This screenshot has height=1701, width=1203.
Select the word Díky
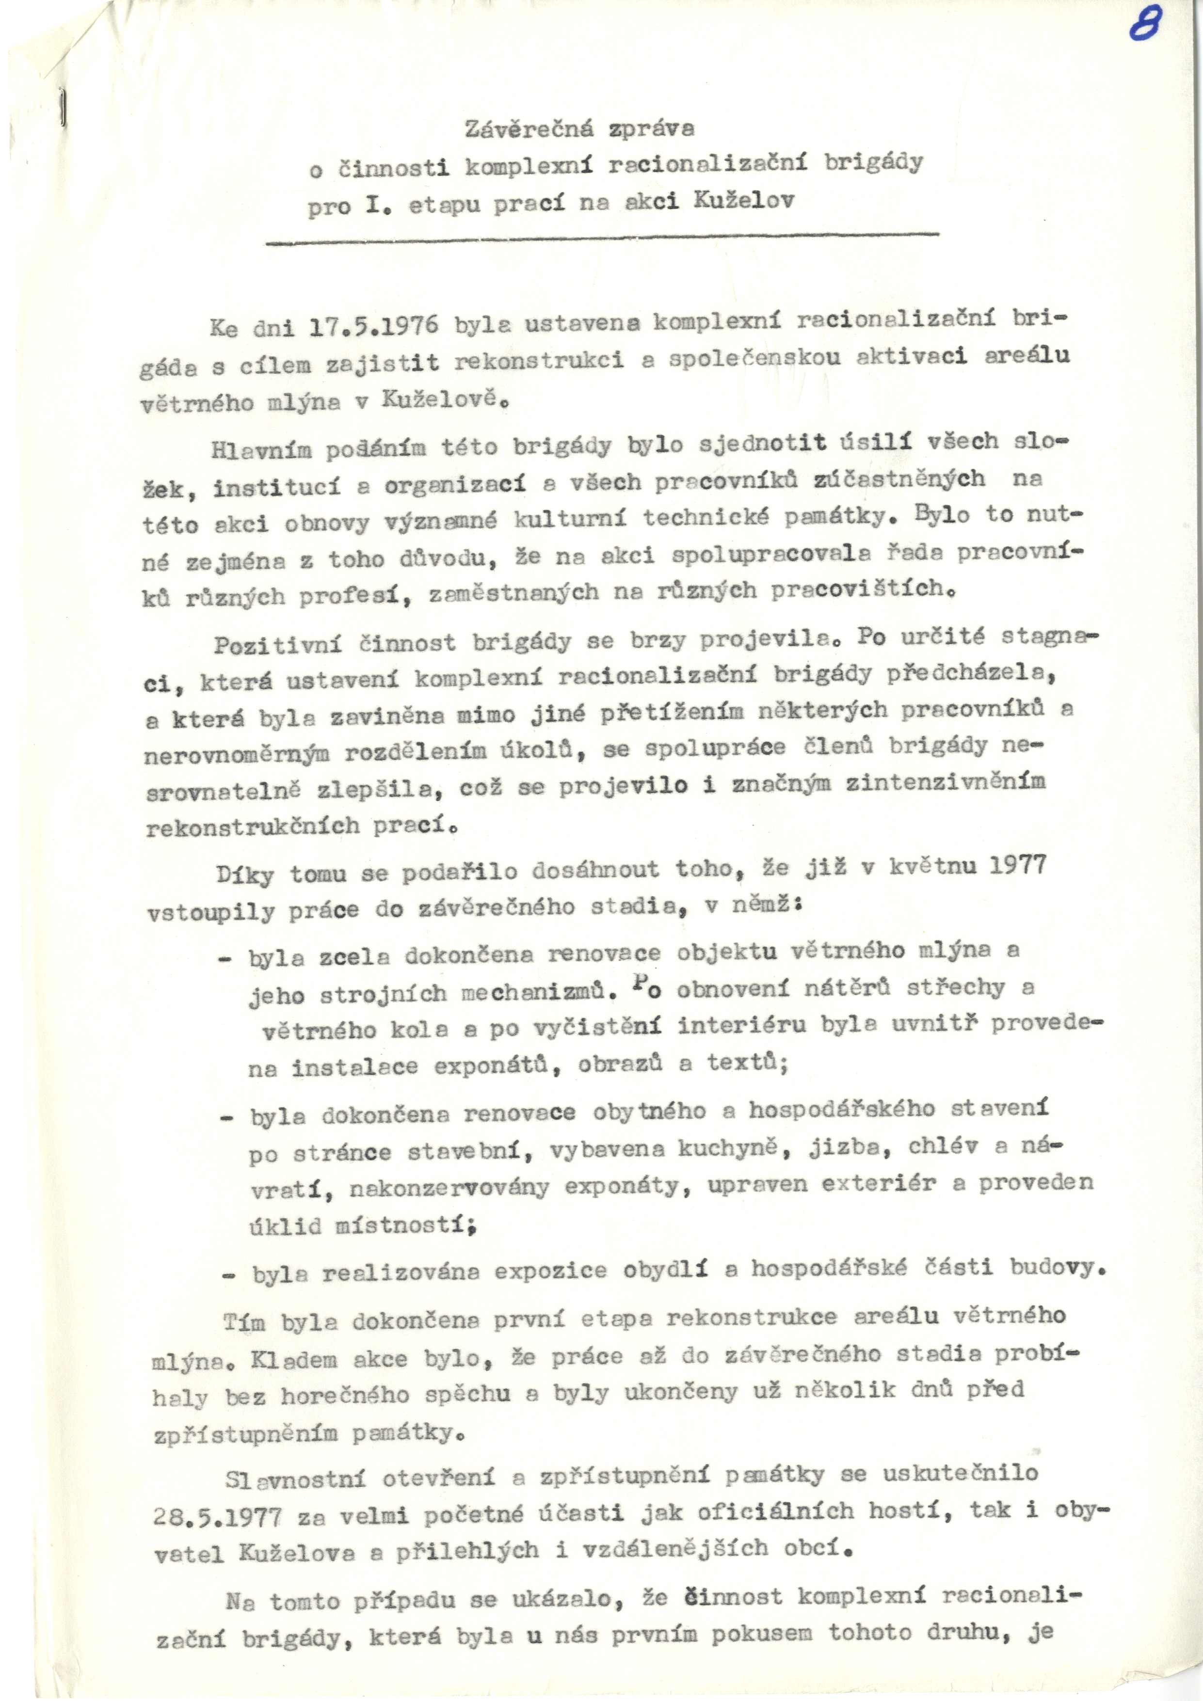coord(244,874)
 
